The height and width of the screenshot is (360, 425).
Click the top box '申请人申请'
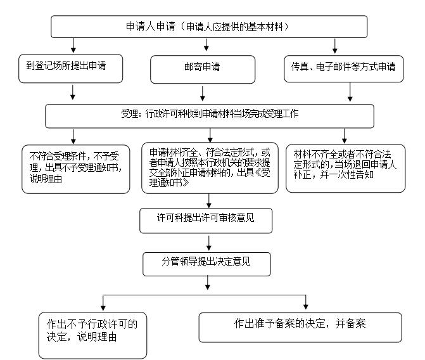pyautogui.click(x=208, y=27)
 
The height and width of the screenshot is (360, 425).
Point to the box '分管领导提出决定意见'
pyautogui.click(x=206, y=261)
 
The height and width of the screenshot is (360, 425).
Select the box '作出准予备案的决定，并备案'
pyautogui.click(x=300, y=325)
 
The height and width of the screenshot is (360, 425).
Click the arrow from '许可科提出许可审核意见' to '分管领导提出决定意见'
pyautogui.click(x=208, y=243)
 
